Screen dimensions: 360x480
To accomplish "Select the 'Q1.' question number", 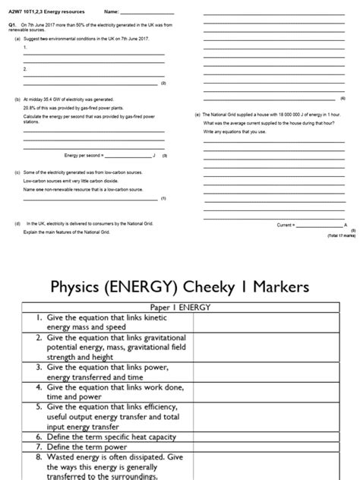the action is pyautogui.click(x=12, y=25).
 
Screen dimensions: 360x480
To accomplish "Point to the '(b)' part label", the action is pyautogui.click(x=17, y=99).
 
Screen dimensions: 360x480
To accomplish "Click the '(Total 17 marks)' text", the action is pyautogui.click(x=340, y=236).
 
